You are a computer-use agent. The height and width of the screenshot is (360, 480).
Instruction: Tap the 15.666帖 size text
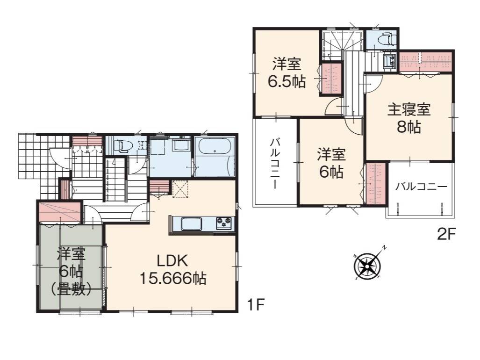(172, 278)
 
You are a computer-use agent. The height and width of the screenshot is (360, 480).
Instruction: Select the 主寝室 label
(409, 109)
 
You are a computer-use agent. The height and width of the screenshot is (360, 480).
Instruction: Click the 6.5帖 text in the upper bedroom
(287, 81)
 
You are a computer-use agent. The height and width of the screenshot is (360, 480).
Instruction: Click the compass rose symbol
(367, 265)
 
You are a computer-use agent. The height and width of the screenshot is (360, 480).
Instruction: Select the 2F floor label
(447, 235)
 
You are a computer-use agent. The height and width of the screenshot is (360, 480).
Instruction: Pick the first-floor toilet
(122, 146)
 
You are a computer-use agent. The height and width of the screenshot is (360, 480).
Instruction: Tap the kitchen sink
(192, 224)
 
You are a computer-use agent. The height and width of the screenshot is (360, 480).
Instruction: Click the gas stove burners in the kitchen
(224, 223)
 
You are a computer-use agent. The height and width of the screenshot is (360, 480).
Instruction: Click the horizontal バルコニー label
(421, 187)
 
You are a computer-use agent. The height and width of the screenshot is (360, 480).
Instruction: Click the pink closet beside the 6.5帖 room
(331, 79)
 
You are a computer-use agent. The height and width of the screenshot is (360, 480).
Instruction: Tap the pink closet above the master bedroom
(426, 62)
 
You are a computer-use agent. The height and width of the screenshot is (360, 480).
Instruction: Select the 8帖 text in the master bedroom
(409, 127)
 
